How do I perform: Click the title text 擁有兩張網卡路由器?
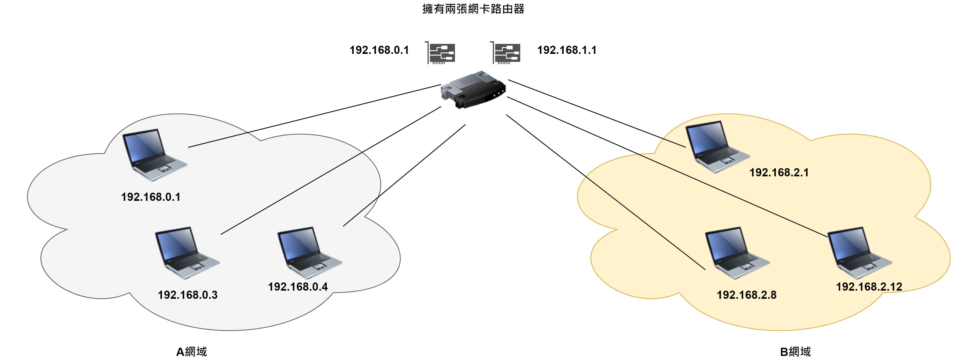[x=473, y=9]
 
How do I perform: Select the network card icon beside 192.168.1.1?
[x=506, y=53]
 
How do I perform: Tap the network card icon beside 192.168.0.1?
[x=441, y=53]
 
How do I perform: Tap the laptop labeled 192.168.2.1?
[x=717, y=146]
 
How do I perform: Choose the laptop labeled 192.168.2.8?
[x=737, y=252]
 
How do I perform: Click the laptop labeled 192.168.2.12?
[x=859, y=252]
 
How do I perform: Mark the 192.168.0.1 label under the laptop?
[x=150, y=197]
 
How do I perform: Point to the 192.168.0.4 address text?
[x=298, y=287]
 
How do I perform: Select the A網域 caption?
[x=191, y=352]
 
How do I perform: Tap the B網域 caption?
[x=795, y=352]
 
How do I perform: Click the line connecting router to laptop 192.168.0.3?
[x=330, y=171]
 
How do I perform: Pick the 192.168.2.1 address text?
[x=779, y=173]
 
